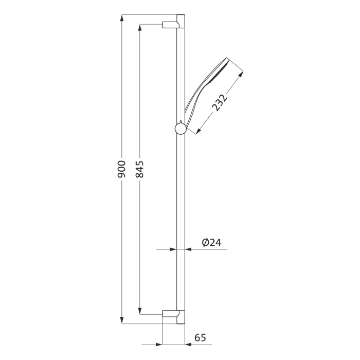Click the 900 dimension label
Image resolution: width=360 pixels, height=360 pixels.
click(x=122, y=169)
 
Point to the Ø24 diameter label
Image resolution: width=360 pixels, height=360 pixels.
click(x=211, y=242)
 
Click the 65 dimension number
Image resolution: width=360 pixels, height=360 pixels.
click(x=200, y=338)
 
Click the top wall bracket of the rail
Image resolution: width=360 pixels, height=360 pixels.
click(x=171, y=24)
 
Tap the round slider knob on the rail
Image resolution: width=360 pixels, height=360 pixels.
click(x=180, y=128)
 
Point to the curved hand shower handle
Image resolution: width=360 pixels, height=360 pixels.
click(x=196, y=98)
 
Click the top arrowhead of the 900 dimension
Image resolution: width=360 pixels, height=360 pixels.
click(x=122, y=17)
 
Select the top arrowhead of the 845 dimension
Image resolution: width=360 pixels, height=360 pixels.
click(x=140, y=27)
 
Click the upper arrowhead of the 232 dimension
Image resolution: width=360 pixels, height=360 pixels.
click(x=241, y=75)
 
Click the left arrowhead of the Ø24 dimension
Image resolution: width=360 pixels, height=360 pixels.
click(x=173, y=249)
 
